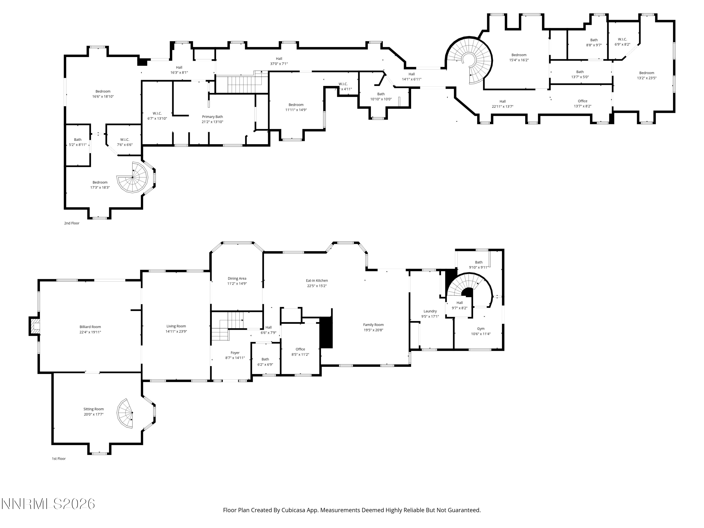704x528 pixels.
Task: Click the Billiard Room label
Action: (x=90, y=327)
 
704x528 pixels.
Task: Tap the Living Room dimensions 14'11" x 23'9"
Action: (x=176, y=331)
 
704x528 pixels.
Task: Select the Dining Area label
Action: (x=237, y=279)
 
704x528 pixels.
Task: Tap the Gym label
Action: (x=481, y=329)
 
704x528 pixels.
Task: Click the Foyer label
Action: (x=235, y=353)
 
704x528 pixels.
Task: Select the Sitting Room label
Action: (x=94, y=409)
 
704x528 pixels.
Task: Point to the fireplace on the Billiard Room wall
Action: (x=34, y=326)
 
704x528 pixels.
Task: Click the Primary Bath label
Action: (x=212, y=117)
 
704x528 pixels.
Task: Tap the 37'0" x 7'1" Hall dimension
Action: (x=279, y=64)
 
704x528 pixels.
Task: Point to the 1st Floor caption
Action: (x=59, y=459)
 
